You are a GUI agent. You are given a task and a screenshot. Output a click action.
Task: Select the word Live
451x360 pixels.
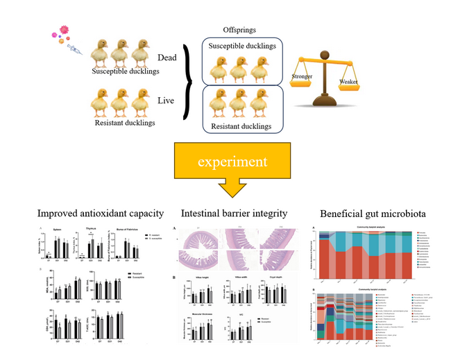click(168, 101)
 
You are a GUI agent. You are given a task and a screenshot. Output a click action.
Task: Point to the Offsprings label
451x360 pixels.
click(239, 30)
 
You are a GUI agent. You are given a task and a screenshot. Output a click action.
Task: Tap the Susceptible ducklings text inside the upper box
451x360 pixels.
click(239, 46)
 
